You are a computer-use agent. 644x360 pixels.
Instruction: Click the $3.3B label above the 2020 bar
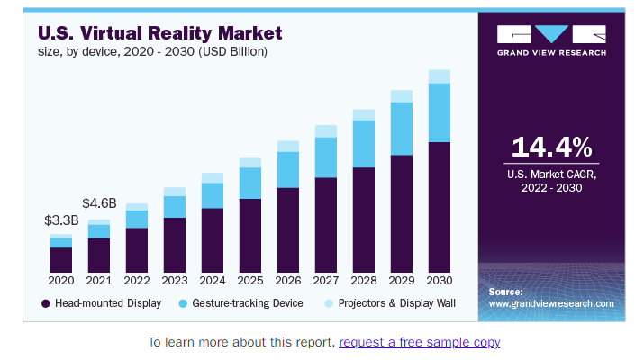61,220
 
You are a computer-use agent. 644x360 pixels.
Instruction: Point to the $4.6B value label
99,202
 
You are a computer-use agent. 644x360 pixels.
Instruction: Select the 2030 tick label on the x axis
439,281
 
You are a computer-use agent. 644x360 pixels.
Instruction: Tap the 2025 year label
249,281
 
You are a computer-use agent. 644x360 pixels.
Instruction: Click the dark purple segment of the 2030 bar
439,207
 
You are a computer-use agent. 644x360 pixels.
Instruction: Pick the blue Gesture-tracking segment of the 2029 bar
401,129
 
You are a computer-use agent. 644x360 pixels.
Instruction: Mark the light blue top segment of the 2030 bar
439,76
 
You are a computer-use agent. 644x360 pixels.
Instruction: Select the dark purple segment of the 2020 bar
61,260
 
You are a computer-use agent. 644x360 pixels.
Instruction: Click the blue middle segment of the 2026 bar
287,169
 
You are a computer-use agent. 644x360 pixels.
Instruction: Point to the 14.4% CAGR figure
551,148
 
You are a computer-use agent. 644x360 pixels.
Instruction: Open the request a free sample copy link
419,342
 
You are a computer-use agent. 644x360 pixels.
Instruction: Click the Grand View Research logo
551,40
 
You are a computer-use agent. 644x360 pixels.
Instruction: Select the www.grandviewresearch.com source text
551,304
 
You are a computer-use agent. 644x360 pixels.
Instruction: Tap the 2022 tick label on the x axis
137,281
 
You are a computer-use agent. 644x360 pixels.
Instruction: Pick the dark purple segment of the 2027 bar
325,225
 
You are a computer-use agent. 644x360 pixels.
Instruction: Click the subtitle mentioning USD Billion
152,51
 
